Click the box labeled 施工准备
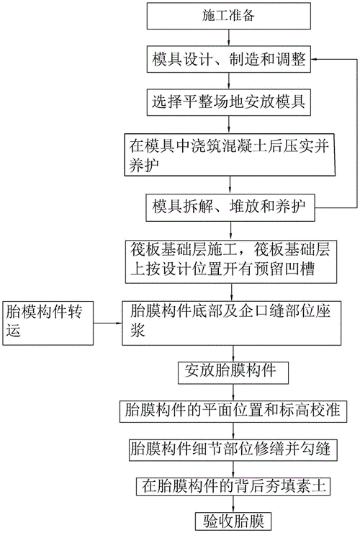coord(230,14)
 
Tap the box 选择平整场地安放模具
coord(230,102)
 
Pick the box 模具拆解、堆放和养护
coord(230,206)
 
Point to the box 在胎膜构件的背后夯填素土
coord(230,486)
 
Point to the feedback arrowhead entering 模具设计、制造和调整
coord(318,61)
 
